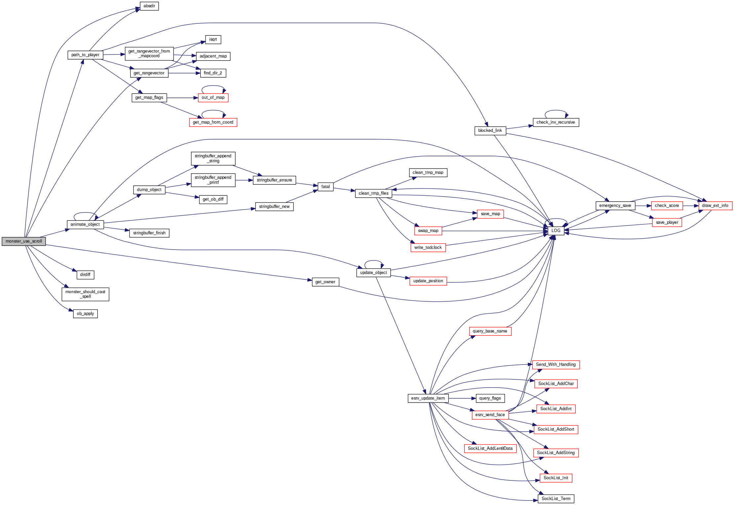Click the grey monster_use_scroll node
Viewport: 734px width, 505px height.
[x=23, y=241]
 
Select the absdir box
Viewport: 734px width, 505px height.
[x=149, y=6]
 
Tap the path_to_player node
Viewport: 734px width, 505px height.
[x=85, y=55]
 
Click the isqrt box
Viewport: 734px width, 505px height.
[x=213, y=39]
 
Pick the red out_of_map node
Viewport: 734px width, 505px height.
[x=213, y=97]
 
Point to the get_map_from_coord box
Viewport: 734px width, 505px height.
[x=213, y=122]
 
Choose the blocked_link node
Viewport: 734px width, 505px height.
[x=490, y=131]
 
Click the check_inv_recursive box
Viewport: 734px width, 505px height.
[x=556, y=122]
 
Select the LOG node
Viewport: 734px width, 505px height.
[x=556, y=231]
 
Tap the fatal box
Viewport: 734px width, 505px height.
[x=326, y=187]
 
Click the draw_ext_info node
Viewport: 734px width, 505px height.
[x=715, y=206]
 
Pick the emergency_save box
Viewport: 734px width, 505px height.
[x=615, y=206]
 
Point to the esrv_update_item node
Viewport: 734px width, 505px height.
[x=428, y=398]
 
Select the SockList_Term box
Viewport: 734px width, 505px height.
[x=556, y=499]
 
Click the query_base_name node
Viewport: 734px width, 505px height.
[x=490, y=331]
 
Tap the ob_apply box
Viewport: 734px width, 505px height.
[x=85, y=314]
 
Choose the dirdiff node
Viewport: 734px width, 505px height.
[x=85, y=275]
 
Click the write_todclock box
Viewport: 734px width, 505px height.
[x=428, y=248]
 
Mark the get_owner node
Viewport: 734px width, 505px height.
[x=325, y=282]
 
